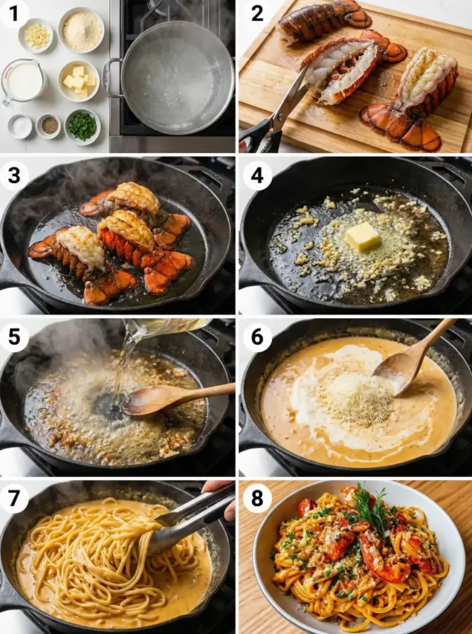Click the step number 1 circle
click(x=14, y=14)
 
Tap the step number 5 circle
click(x=14, y=337)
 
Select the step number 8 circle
click(x=257, y=498)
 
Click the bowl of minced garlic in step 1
click(x=36, y=36)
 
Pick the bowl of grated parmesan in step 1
click(x=81, y=30)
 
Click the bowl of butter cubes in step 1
click(x=79, y=81)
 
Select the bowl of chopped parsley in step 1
click(x=82, y=126)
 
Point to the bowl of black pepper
click(x=48, y=126)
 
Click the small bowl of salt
click(x=20, y=126)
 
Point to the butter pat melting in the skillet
click(x=363, y=236)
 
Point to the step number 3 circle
click(x=14, y=175)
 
